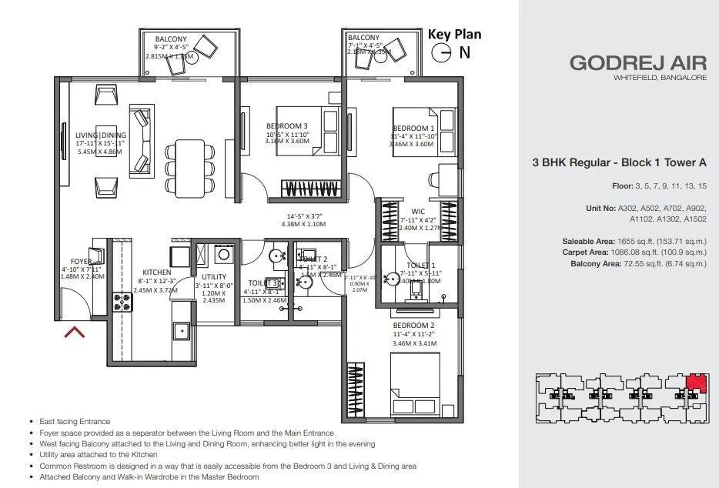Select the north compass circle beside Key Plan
click(442, 52)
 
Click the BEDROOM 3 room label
click(287, 126)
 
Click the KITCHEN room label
click(156, 271)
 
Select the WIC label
click(419, 211)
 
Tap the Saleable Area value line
click(634, 242)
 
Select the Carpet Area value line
click(634, 252)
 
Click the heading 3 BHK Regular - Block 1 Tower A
click(619, 162)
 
